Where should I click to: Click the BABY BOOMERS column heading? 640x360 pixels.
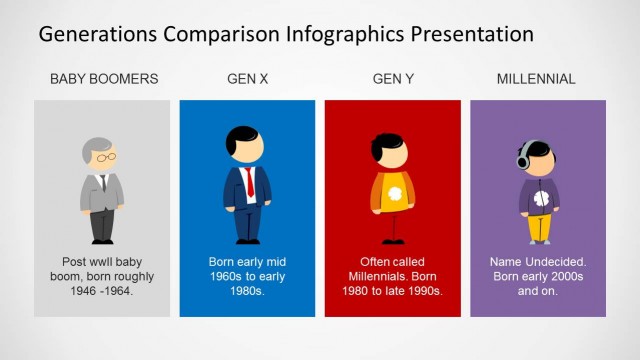[103, 79]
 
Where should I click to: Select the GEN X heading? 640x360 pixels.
[247, 79]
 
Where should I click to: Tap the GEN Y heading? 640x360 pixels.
[393, 79]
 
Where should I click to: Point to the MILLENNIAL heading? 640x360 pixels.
[538, 79]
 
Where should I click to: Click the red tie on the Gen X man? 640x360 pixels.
[249, 182]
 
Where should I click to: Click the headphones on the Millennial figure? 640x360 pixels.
[523, 157]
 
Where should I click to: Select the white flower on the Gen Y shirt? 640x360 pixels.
[394, 191]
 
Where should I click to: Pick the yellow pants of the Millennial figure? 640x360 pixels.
[539, 228]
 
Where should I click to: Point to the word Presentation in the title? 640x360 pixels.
[467, 34]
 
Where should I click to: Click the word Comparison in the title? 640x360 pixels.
[221, 34]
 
